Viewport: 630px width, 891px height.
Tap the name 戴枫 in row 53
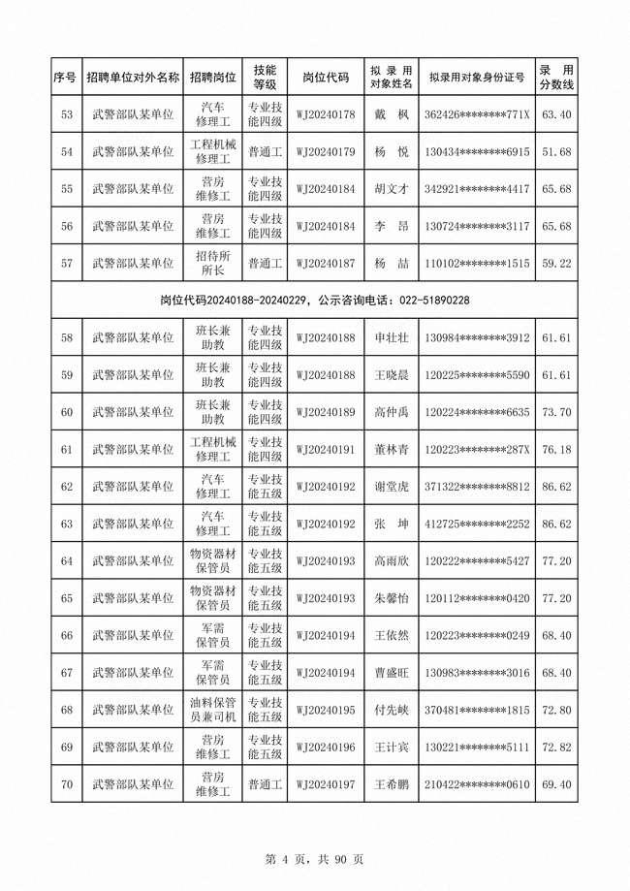click(x=392, y=115)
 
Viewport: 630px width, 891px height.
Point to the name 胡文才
click(x=392, y=189)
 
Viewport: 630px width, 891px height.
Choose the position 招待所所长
click(x=213, y=263)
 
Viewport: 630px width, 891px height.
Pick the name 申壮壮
click(x=392, y=338)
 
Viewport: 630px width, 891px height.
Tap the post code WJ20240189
click(x=326, y=413)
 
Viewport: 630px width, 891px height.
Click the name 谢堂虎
click(x=392, y=487)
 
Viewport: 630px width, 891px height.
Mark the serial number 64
click(x=67, y=561)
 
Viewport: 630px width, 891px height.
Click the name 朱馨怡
click(x=392, y=598)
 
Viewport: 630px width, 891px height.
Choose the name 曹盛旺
click(x=392, y=673)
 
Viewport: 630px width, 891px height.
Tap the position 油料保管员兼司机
click(x=213, y=710)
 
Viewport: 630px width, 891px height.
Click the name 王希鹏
click(x=392, y=784)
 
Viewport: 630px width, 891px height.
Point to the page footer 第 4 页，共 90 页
click(x=314, y=858)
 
